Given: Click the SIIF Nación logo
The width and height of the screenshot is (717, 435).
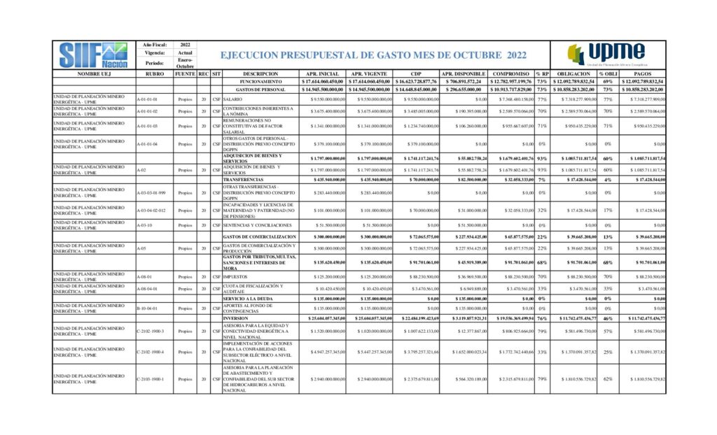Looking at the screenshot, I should tap(94, 54).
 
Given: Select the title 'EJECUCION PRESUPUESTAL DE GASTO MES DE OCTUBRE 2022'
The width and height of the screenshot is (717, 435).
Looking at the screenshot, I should tap(373, 55).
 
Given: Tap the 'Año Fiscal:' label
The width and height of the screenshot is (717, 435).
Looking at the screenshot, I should tap(155, 45).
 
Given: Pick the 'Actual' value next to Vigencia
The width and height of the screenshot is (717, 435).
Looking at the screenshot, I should tap(185, 53).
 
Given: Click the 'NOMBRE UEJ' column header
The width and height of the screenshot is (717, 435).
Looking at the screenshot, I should tap(94, 73).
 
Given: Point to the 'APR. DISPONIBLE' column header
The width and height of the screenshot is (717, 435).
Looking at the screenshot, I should tap(463, 73).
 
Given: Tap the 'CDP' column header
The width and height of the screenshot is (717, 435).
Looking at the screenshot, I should tap(416, 73).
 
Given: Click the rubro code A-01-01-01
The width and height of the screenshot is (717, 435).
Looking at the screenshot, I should tap(147, 99).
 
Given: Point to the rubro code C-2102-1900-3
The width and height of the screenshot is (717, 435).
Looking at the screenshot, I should tap(151, 330).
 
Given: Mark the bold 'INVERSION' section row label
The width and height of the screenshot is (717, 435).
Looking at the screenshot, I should tap(236, 318).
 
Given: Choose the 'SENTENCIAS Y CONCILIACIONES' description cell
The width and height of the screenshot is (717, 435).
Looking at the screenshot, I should tap(257, 225).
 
